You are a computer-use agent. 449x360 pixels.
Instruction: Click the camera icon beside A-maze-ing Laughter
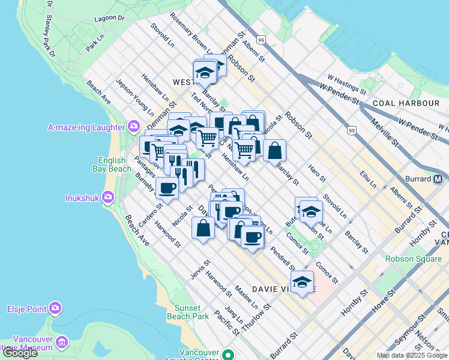pyautogui.click(x=133, y=127)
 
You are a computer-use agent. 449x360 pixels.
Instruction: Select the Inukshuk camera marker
pyautogui.click(x=108, y=196)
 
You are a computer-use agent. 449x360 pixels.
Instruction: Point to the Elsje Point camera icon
pyautogui.click(x=56, y=308)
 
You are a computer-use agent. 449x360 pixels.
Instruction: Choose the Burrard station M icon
pyautogui.click(x=439, y=179)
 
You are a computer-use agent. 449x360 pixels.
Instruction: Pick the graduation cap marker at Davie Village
pyautogui.click(x=303, y=282)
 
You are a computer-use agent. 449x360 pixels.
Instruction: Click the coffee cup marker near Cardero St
pyautogui.click(x=167, y=188)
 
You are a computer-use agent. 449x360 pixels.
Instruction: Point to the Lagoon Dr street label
pyautogui.click(x=113, y=19)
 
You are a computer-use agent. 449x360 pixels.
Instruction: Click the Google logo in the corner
pyautogui.click(x=20, y=353)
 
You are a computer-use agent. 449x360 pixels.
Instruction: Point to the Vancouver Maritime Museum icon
pyautogui.click(x=62, y=342)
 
